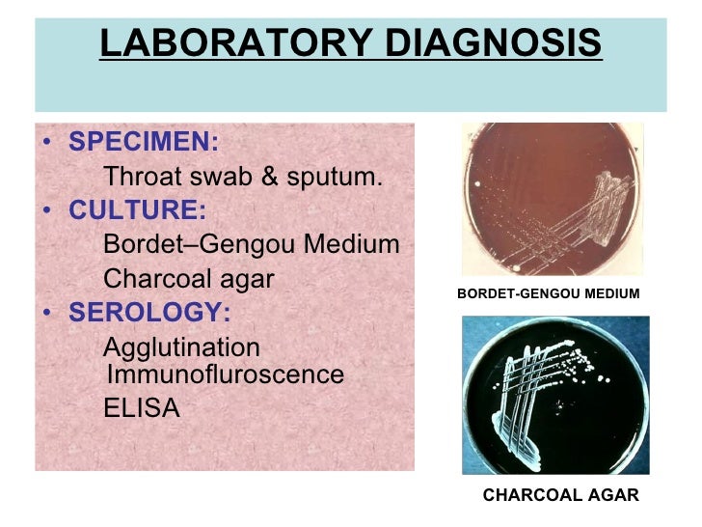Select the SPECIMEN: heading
pos(145,143)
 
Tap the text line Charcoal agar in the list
pos(189,279)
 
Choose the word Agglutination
pos(181,347)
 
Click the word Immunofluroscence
pos(224,374)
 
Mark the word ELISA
pos(141,408)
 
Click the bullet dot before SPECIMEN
pos(48,145)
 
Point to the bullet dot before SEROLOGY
pos(48,315)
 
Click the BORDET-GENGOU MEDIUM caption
pos(548,292)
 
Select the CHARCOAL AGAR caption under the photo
pos(560,495)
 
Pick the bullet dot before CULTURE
pos(48,212)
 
